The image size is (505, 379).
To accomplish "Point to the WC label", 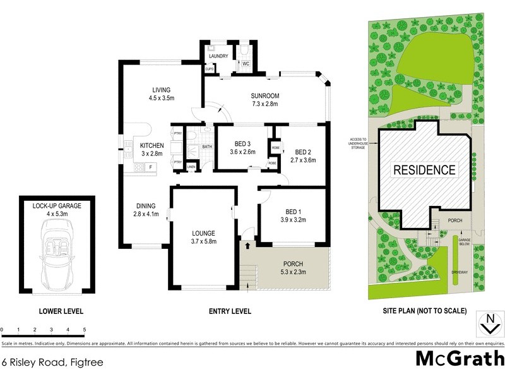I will point(246,63).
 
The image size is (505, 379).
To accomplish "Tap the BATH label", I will point(207,147).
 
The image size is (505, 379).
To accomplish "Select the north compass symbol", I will point(487,323).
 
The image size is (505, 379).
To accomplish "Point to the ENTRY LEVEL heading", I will point(230,311).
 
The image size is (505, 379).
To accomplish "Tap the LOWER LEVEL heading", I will point(61,311).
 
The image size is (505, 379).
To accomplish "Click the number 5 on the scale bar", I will point(84,330).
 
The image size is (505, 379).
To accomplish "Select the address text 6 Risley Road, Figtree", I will point(52,363).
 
